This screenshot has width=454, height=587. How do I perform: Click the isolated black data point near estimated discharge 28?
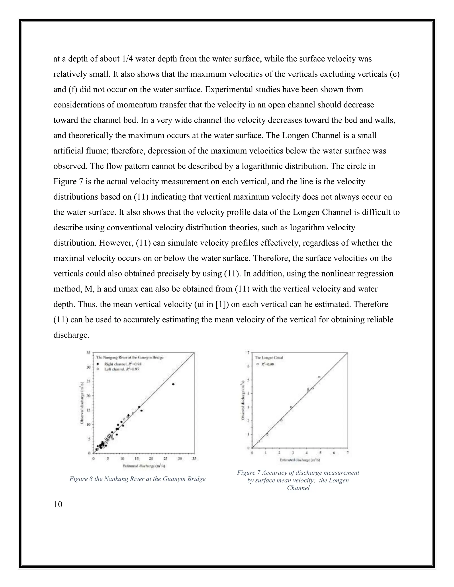pyautogui.click(x=173, y=384)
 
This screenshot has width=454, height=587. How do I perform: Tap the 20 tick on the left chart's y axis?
pyautogui.click(x=89, y=395)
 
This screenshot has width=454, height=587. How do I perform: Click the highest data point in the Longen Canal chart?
pyautogui.click(x=319, y=377)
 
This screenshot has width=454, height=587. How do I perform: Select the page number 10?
pyautogui.click(x=58, y=504)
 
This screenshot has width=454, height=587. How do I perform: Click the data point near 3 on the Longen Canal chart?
pyautogui.click(x=291, y=407)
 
